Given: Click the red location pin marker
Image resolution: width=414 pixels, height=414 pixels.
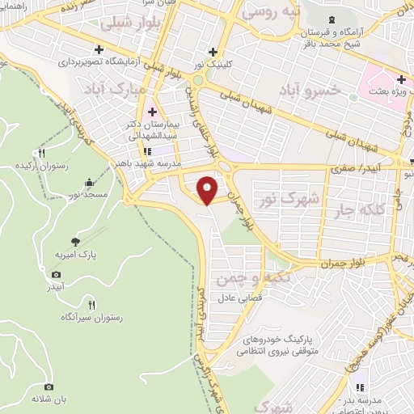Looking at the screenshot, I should click(x=208, y=190).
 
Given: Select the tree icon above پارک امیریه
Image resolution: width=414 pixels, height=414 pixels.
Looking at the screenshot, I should click(x=75, y=241).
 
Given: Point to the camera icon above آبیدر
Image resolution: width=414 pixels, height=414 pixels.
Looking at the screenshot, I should click(x=55, y=275).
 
